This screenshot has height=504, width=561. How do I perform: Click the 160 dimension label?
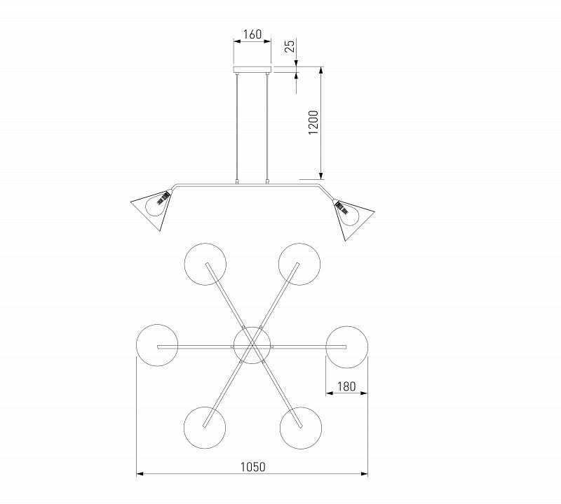[x=252, y=34]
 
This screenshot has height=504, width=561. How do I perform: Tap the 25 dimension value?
[x=290, y=46]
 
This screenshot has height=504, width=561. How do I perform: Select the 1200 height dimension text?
[x=313, y=122]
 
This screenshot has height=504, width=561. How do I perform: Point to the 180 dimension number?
[x=346, y=386]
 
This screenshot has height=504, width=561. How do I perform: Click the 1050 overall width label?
[x=252, y=466]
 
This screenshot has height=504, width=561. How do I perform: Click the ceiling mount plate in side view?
[x=252, y=70]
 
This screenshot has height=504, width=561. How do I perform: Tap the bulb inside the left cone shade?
[x=156, y=204]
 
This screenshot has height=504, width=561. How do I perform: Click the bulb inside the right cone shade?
[x=347, y=214]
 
